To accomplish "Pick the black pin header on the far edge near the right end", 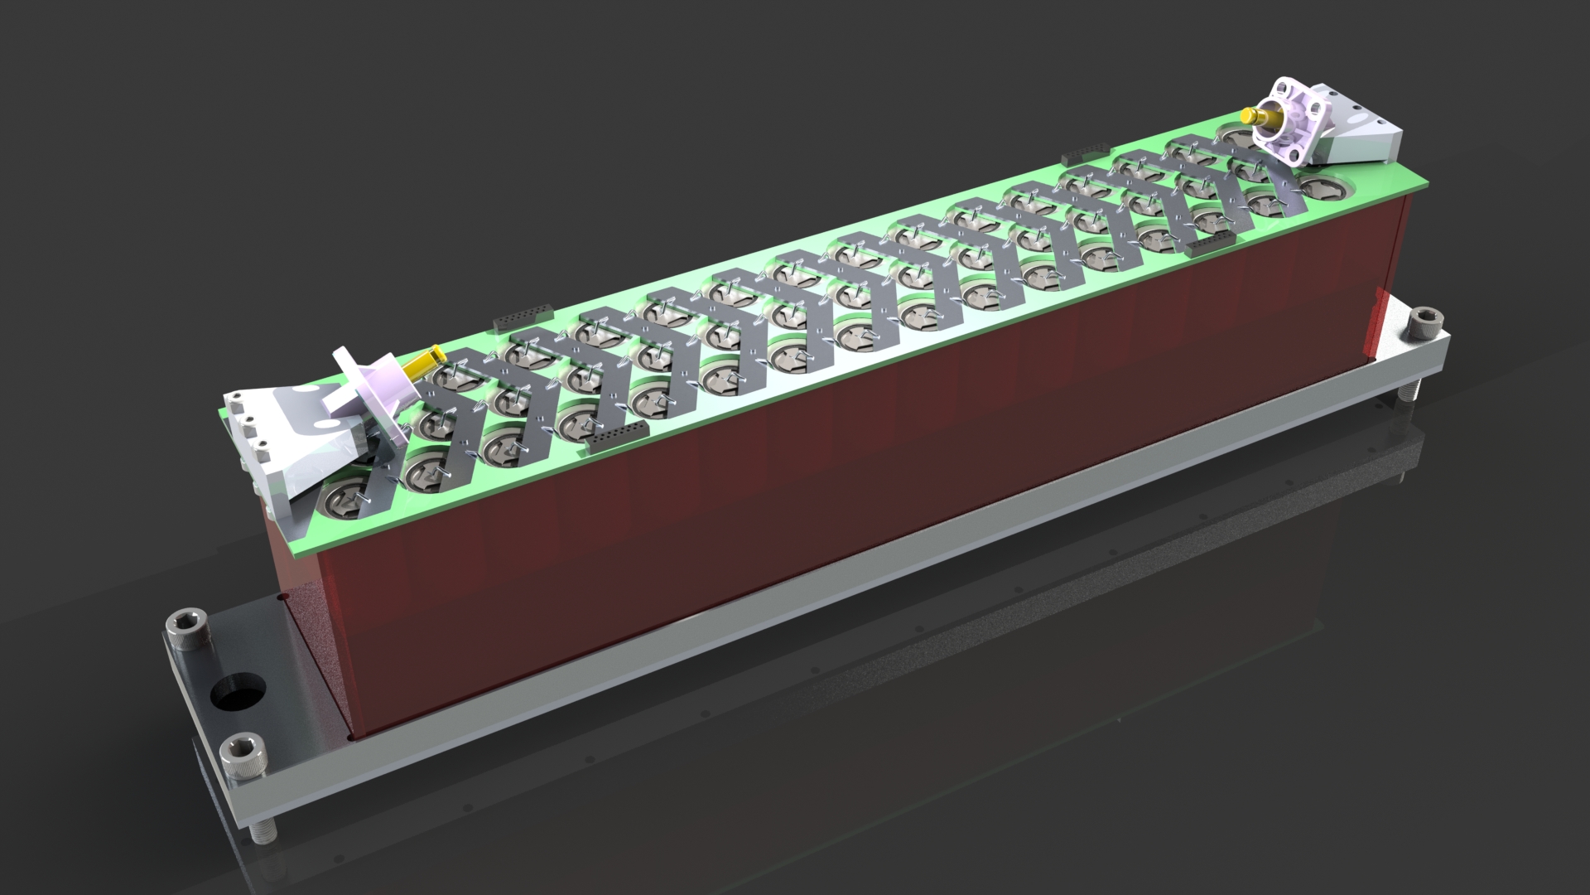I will tap(1082, 156).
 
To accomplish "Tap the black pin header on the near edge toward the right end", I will tap(1213, 242).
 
